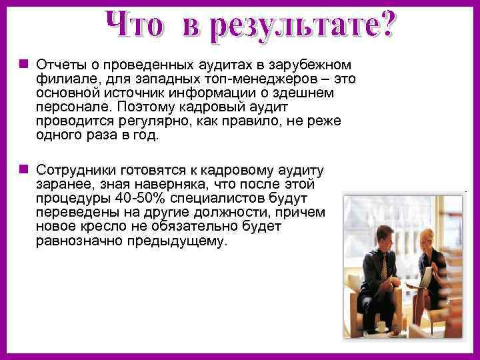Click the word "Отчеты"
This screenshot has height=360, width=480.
pyautogui.click(x=59, y=65)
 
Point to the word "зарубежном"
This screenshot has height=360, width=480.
pyautogui.click(x=318, y=65)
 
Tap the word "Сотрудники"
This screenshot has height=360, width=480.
pyautogui.click(x=73, y=169)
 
